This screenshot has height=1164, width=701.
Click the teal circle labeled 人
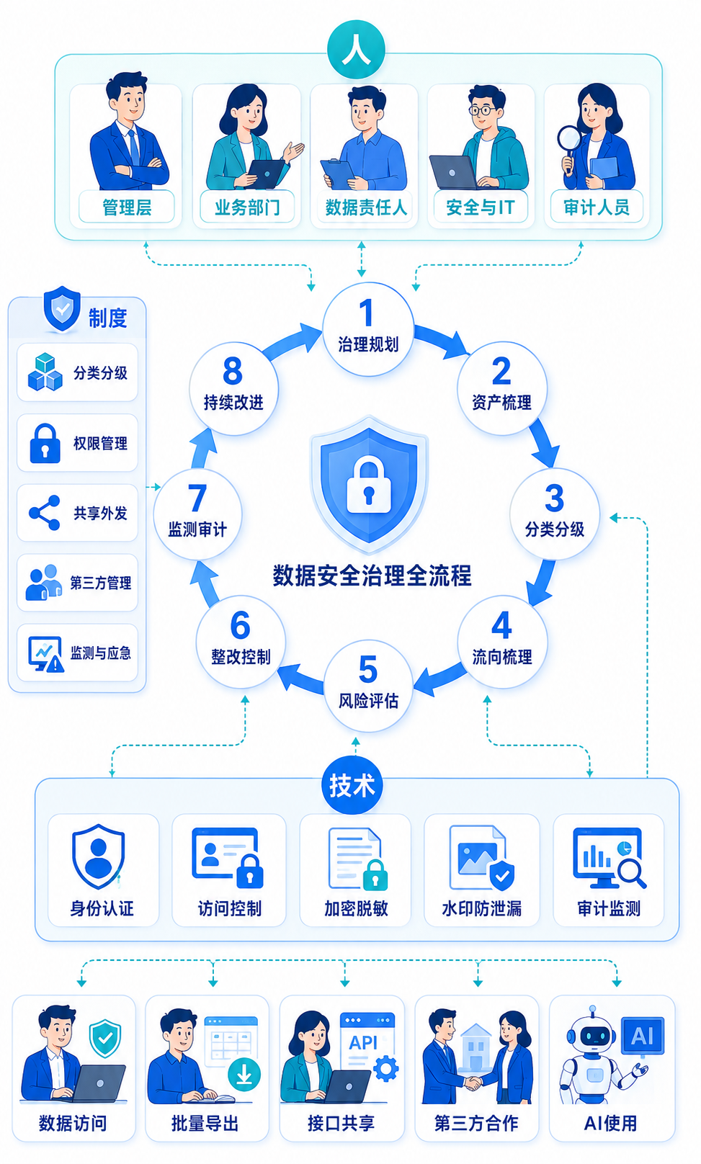(x=356, y=50)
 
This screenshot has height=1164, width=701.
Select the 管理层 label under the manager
(x=127, y=207)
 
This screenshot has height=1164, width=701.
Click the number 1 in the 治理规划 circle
(x=366, y=313)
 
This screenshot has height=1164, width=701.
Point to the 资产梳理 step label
(x=501, y=402)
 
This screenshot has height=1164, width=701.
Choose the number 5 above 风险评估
(x=368, y=669)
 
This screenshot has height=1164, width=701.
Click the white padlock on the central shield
(x=369, y=484)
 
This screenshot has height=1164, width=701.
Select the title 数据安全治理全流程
(x=372, y=576)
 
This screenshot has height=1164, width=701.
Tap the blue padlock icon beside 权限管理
(x=45, y=443)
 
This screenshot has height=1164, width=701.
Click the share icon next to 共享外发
(x=45, y=513)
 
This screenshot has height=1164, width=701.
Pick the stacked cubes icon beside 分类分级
(x=45, y=372)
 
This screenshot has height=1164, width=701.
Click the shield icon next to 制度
(x=62, y=308)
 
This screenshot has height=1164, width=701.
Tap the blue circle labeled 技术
(x=352, y=785)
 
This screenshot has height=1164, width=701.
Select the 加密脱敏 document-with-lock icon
(x=357, y=859)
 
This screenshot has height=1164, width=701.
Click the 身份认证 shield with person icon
(x=98, y=856)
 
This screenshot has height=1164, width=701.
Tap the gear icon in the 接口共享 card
(x=386, y=1069)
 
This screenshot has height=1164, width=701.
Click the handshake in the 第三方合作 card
(x=473, y=1083)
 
